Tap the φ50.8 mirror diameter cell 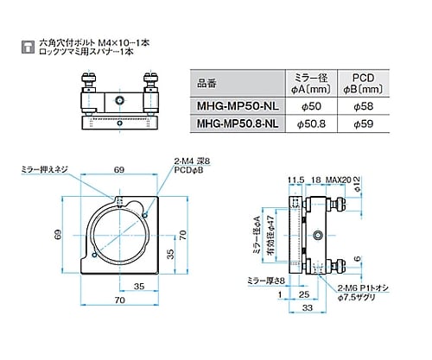tap(311, 125)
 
